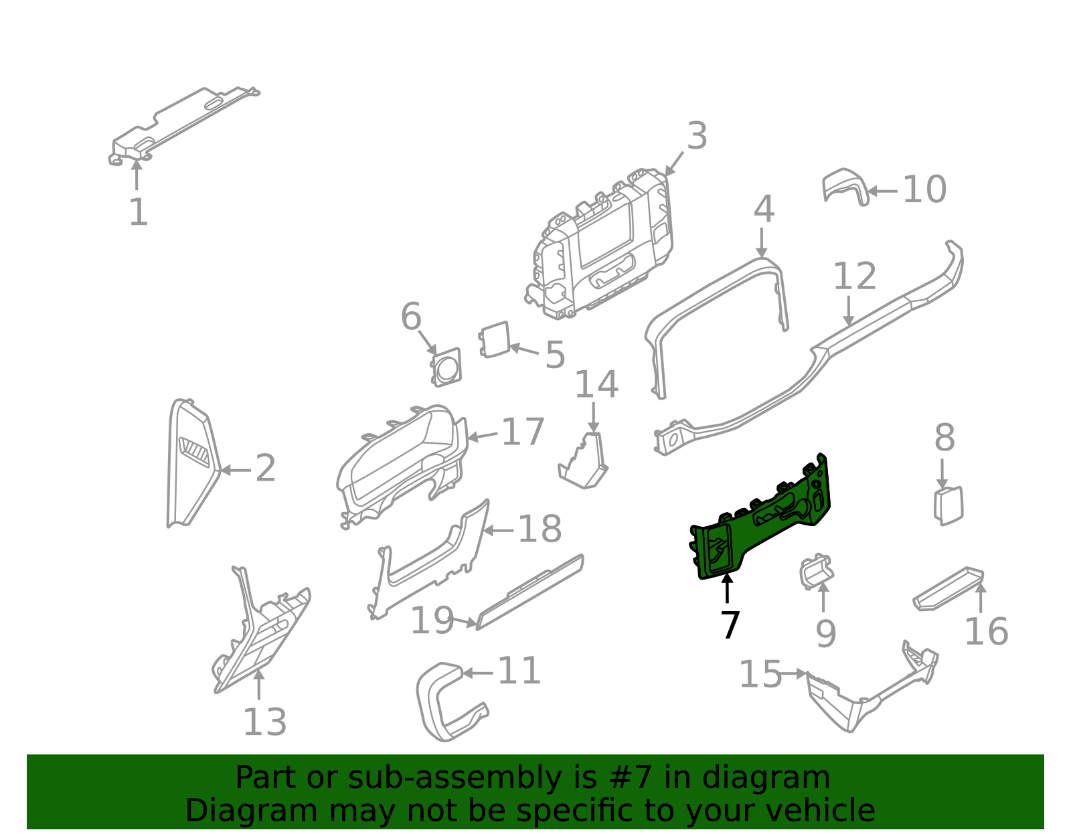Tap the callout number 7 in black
pos(730,624)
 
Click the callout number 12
pos(855,276)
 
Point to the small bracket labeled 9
pos(816,571)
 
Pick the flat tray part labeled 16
pos(948,589)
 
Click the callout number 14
pos(596,384)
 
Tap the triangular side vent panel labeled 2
pos(193,463)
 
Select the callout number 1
pos(139,212)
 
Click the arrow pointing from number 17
pos(483,436)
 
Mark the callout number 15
pos(760,674)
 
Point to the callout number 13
pos(264,722)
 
